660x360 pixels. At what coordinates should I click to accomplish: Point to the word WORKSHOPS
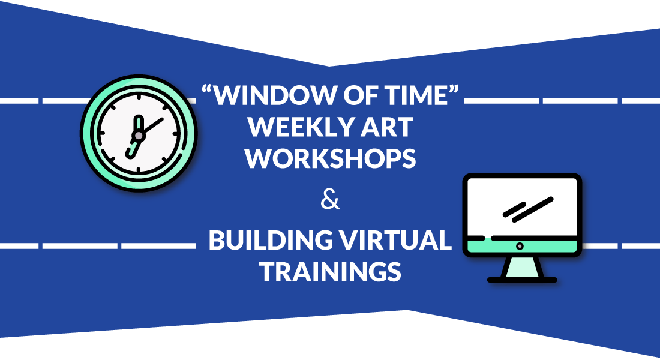pos(331,158)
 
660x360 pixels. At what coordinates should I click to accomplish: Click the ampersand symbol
pos(330,199)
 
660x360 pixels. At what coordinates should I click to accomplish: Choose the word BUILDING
pos(271,240)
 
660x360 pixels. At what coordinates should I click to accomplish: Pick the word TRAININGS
pos(330,272)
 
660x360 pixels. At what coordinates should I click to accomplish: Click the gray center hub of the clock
pos(138,136)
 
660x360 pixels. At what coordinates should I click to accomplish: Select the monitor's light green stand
pos(522,267)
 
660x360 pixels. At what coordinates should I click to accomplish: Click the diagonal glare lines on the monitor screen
pos(528,209)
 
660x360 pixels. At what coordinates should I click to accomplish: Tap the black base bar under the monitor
pos(522,280)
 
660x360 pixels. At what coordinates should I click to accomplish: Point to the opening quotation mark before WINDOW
pos(206,89)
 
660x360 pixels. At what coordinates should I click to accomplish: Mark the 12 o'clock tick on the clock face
pos(139,98)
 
